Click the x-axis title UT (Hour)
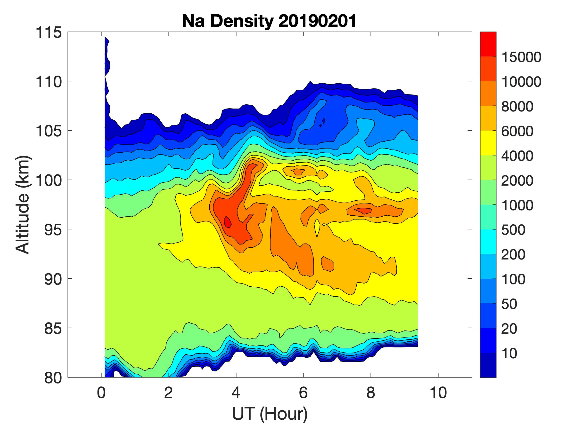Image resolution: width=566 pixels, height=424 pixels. tap(270, 414)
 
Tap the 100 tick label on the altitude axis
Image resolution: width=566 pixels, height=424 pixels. tap(49, 180)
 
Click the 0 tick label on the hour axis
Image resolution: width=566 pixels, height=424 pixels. tap(101, 393)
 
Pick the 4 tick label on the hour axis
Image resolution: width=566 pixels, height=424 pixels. tap(236, 393)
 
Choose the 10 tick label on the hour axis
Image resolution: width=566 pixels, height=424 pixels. tap(438, 393)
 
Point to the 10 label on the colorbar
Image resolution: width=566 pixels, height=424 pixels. tap(509, 353)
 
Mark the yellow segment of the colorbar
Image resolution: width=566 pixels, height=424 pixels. tap(488, 143)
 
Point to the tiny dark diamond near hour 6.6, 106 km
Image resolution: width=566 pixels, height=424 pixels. tap(324, 121)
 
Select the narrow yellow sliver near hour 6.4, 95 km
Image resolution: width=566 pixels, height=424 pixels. tap(317, 228)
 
